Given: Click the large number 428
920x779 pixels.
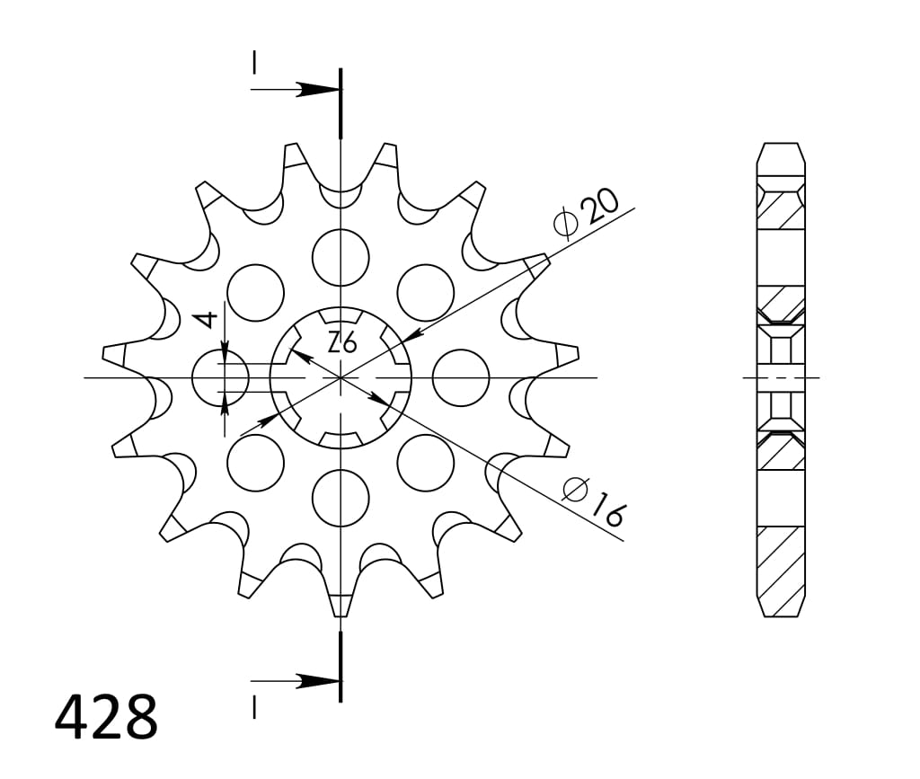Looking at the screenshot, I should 106,716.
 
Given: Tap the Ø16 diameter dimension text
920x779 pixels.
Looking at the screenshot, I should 594,500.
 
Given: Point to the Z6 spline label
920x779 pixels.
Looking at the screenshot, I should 341,342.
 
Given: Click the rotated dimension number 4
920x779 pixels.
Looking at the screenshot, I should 207,318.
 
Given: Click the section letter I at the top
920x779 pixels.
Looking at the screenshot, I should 255,62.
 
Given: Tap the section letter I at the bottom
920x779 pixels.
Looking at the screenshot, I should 255,709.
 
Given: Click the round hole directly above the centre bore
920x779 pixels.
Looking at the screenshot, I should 341,257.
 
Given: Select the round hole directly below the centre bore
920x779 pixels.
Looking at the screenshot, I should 341,497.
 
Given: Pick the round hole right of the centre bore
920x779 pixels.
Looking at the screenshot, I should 461,377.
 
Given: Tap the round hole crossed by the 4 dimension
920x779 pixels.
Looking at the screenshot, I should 220,377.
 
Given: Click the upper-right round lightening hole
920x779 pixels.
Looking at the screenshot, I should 425,292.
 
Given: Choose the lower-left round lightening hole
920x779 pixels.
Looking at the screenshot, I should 255,462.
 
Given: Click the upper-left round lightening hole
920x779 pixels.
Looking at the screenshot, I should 255,292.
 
